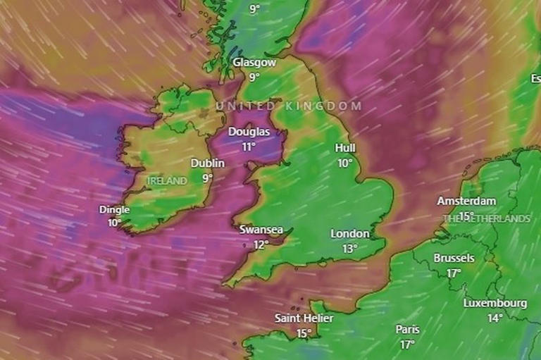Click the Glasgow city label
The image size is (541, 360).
(x=254, y=63)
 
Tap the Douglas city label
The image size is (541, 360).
(x=249, y=132)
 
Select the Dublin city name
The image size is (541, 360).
(x=208, y=163)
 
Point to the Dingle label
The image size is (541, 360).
(x=115, y=209)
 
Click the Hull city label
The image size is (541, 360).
(x=345, y=148)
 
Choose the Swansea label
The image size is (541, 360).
(x=261, y=230)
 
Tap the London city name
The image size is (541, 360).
(x=350, y=234)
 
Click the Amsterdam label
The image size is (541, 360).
(x=466, y=201)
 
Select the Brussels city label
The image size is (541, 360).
(x=454, y=259)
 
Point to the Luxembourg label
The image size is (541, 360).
(x=495, y=304)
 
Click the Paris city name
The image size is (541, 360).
(x=407, y=330)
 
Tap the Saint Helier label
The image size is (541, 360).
(x=304, y=318)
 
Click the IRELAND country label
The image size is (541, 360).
(x=168, y=181)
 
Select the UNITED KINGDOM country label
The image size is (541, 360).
(x=288, y=106)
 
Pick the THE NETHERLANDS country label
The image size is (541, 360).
(x=486, y=219)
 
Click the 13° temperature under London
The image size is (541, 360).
(x=350, y=249)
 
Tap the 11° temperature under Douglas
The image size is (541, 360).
(x=248, y=147)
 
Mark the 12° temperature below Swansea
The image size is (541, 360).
(x=261, y=244)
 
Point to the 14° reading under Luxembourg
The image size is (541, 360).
(x=495, y=318)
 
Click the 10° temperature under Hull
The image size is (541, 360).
(x=344, y=163)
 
